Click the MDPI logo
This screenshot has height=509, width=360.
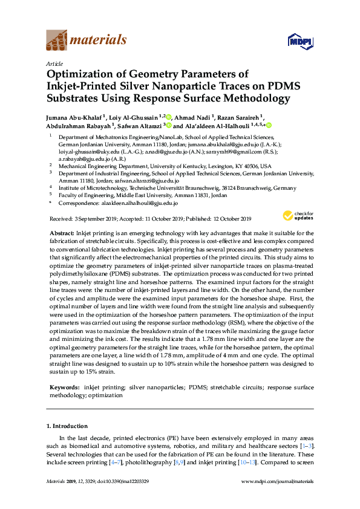(x=295, y=41)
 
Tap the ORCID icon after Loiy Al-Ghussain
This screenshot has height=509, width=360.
(x=169, y=117)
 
